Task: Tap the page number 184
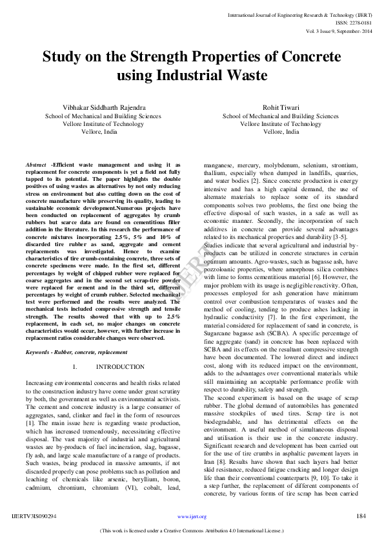click(x=361, y=517)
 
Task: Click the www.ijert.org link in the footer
click(x=192, y=517)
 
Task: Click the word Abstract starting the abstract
click(x=36, y=165)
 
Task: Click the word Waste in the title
click(x=245, y=75)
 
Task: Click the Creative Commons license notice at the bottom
click(x=192, y=531)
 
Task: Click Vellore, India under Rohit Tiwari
click(x=281, y=131)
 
